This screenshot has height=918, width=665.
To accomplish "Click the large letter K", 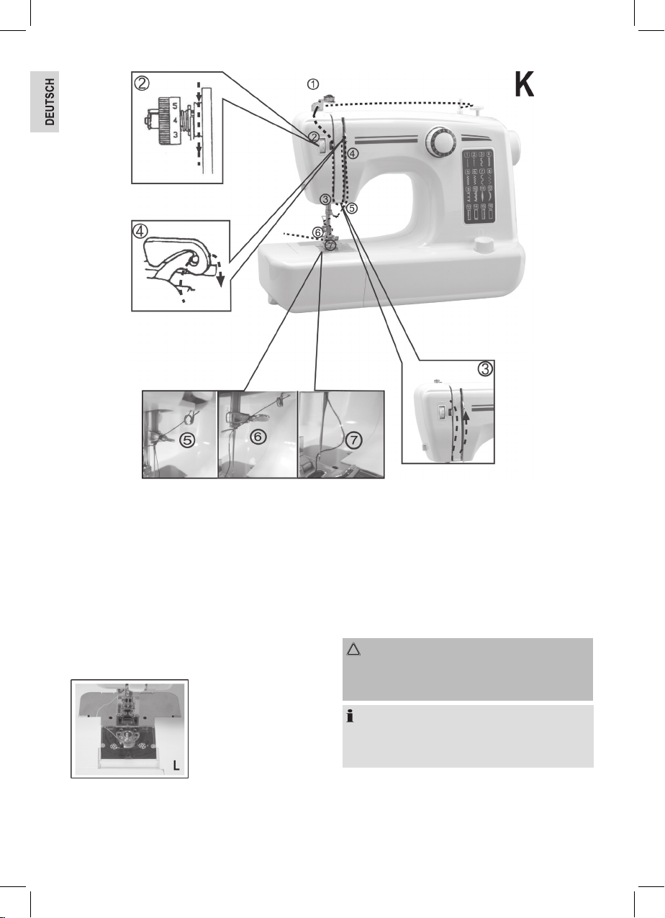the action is click(x=525, y=84).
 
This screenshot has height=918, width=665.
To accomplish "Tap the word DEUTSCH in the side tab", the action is click(x=49, y=101).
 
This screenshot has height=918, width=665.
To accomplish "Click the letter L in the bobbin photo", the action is click(x=176, y=765).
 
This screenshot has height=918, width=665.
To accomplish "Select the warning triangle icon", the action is click(x=353, y=649).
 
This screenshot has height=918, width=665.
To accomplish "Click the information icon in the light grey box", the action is click(x=350, y=717).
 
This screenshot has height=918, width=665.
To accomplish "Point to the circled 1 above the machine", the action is click(x=313, y=84).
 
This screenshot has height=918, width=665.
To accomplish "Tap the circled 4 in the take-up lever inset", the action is click(x=140, y=231).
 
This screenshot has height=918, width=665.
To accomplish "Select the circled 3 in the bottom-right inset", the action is click(x=485, y=369).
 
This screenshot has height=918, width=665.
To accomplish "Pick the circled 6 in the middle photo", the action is click(x=258, y=437).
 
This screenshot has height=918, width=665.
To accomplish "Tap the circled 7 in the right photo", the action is click(x=354, y=440).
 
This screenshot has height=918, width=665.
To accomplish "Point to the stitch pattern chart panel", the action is click(x=478, y=186).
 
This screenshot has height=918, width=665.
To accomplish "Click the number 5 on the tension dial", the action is click(x=175, y=106).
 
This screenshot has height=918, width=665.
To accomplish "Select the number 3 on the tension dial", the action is click(x=175, y=135).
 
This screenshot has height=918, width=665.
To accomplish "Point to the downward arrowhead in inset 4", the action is click(x=220, y=281).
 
